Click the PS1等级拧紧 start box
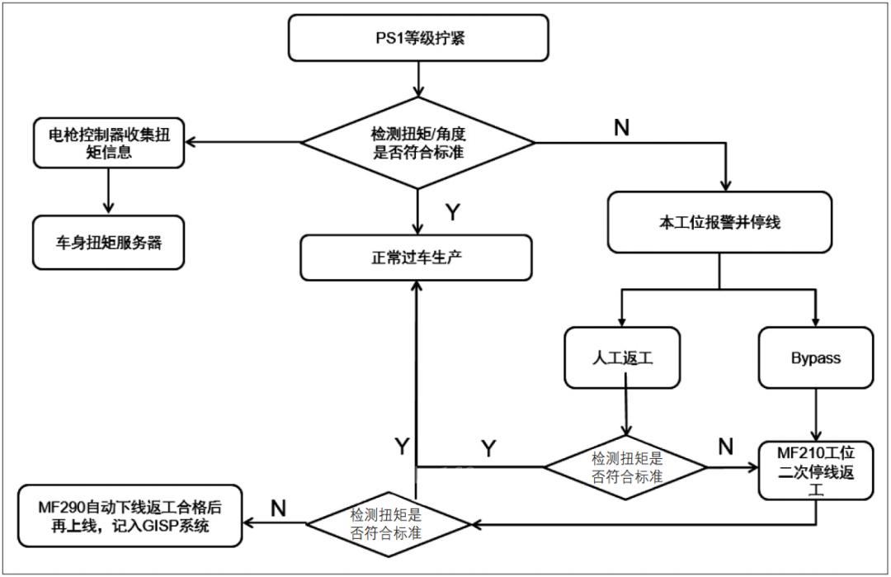418,38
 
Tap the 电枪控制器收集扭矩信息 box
107,144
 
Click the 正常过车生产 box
418,257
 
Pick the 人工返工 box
622,357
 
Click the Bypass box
815,358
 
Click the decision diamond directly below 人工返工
625,467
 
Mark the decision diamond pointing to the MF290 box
389,523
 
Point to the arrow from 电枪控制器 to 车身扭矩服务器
107,194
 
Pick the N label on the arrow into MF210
726,447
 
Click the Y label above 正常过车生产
453,213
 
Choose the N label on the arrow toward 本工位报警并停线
622,127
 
